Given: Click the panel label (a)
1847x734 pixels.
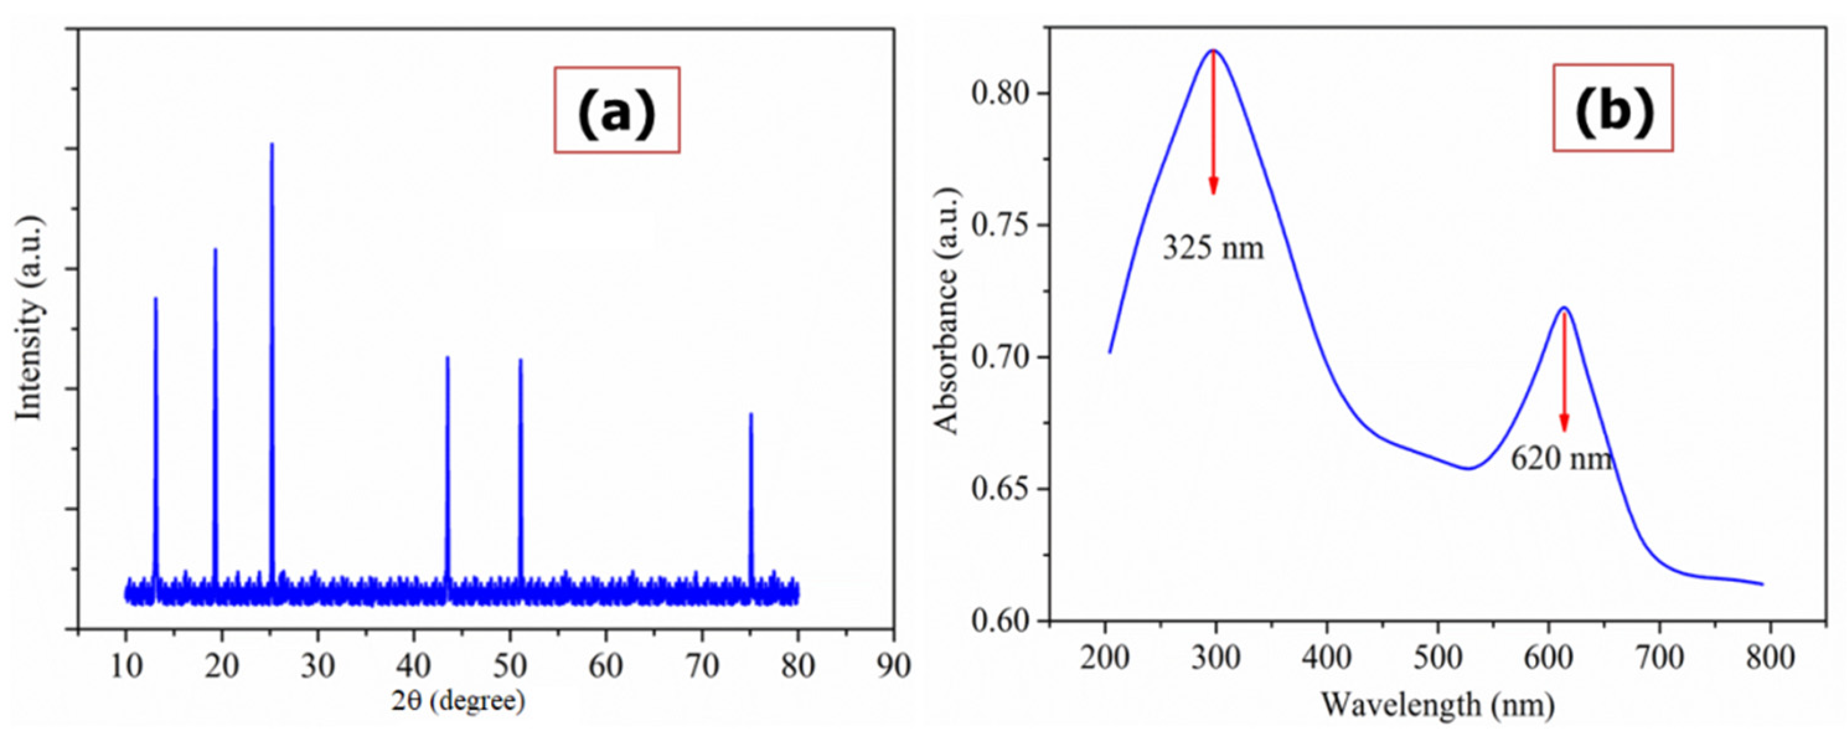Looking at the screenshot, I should (617, 110).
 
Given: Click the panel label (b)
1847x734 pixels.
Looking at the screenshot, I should (1613, 107).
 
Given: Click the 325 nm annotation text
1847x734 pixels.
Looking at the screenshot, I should (1213, 248).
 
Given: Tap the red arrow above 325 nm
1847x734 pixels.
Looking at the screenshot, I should (1213, 122).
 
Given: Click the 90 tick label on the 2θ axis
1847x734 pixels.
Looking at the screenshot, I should (893, 665).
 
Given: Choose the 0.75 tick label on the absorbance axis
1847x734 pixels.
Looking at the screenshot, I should (999, 225).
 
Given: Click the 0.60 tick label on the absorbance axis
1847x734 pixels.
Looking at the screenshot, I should (999, 620).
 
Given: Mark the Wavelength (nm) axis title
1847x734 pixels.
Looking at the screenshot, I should (1438, 705).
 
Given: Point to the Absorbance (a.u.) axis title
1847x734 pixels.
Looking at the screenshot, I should (947, 311).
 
